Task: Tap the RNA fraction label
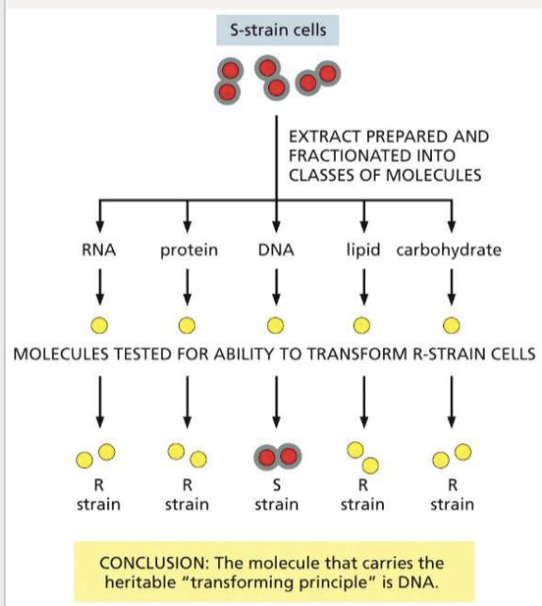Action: (99, 250)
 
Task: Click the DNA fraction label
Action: (276, 250)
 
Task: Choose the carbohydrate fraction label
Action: (450, 250)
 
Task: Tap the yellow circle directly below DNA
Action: (276, 326)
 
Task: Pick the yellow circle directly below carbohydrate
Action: (452, 326)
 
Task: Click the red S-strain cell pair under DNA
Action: (276, 456)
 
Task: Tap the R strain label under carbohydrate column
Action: (452, 496)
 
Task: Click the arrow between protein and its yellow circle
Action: (187, 282)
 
